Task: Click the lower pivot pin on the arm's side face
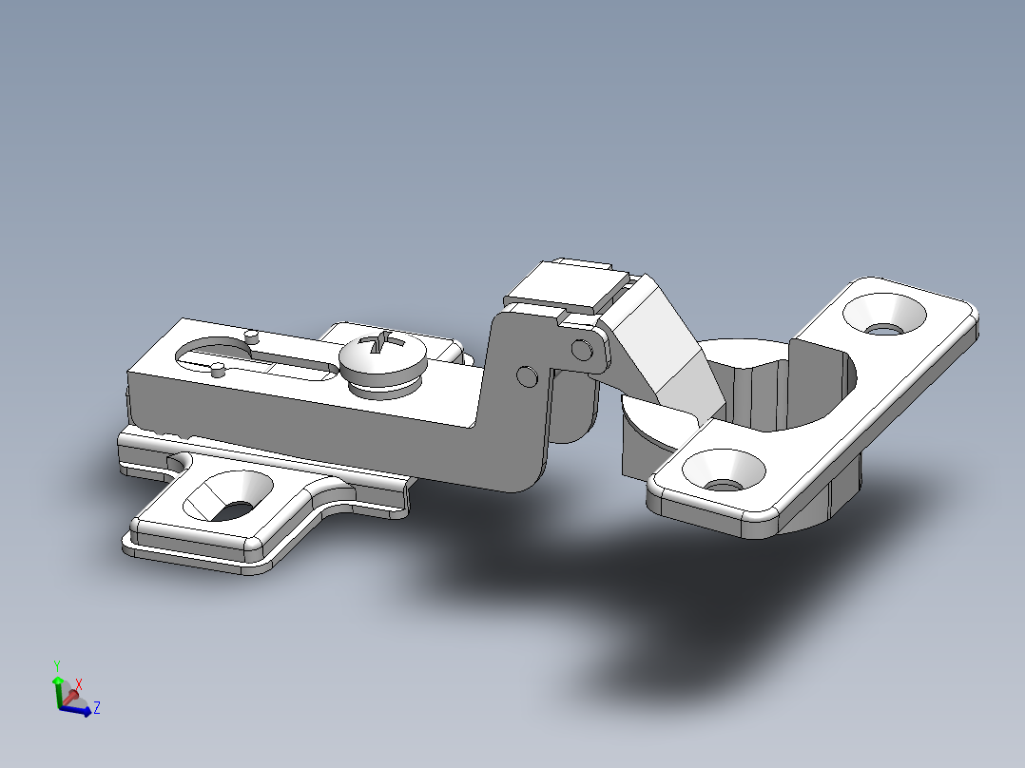tap(524, 375)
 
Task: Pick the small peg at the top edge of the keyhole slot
tap(251, 336)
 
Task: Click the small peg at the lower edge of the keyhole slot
tap(218, 371)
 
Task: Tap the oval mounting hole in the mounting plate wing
tap(228, 496)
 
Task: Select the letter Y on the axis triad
tap(58, 665)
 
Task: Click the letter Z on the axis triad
tap(97, 707)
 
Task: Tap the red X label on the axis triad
tap(80, 684)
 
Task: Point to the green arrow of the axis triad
tap(58, 686)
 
